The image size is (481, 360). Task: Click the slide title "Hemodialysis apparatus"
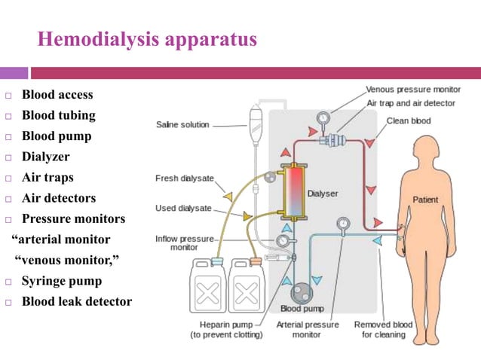coord(147,39)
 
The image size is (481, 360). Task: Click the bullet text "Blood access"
coord(57,95)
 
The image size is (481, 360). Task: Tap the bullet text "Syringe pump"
coord(61,282)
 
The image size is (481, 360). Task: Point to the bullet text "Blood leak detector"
coord(77,302)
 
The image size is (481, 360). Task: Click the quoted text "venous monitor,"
coord(68,261)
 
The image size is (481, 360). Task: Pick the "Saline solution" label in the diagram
coord(182,124)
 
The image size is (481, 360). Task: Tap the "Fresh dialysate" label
coord(184,178)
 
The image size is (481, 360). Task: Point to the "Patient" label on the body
coord(426,200)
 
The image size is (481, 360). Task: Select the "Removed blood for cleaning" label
coord(384,329)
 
